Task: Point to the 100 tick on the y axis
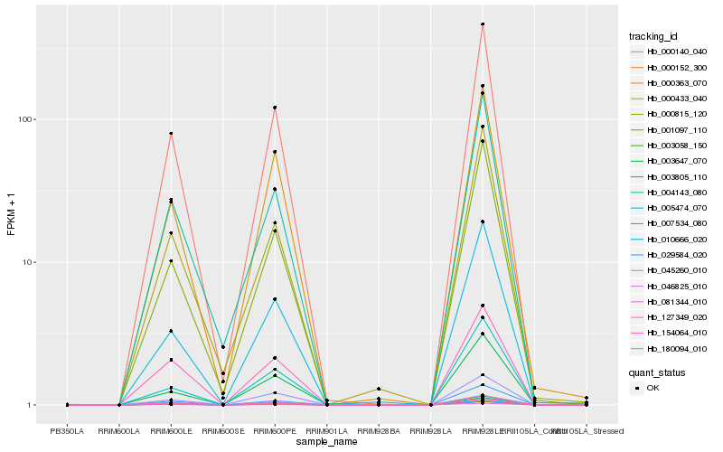click(x=24, y=119)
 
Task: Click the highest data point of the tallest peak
click(x=483, y=24)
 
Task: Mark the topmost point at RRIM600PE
click(x=275, y=108)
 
